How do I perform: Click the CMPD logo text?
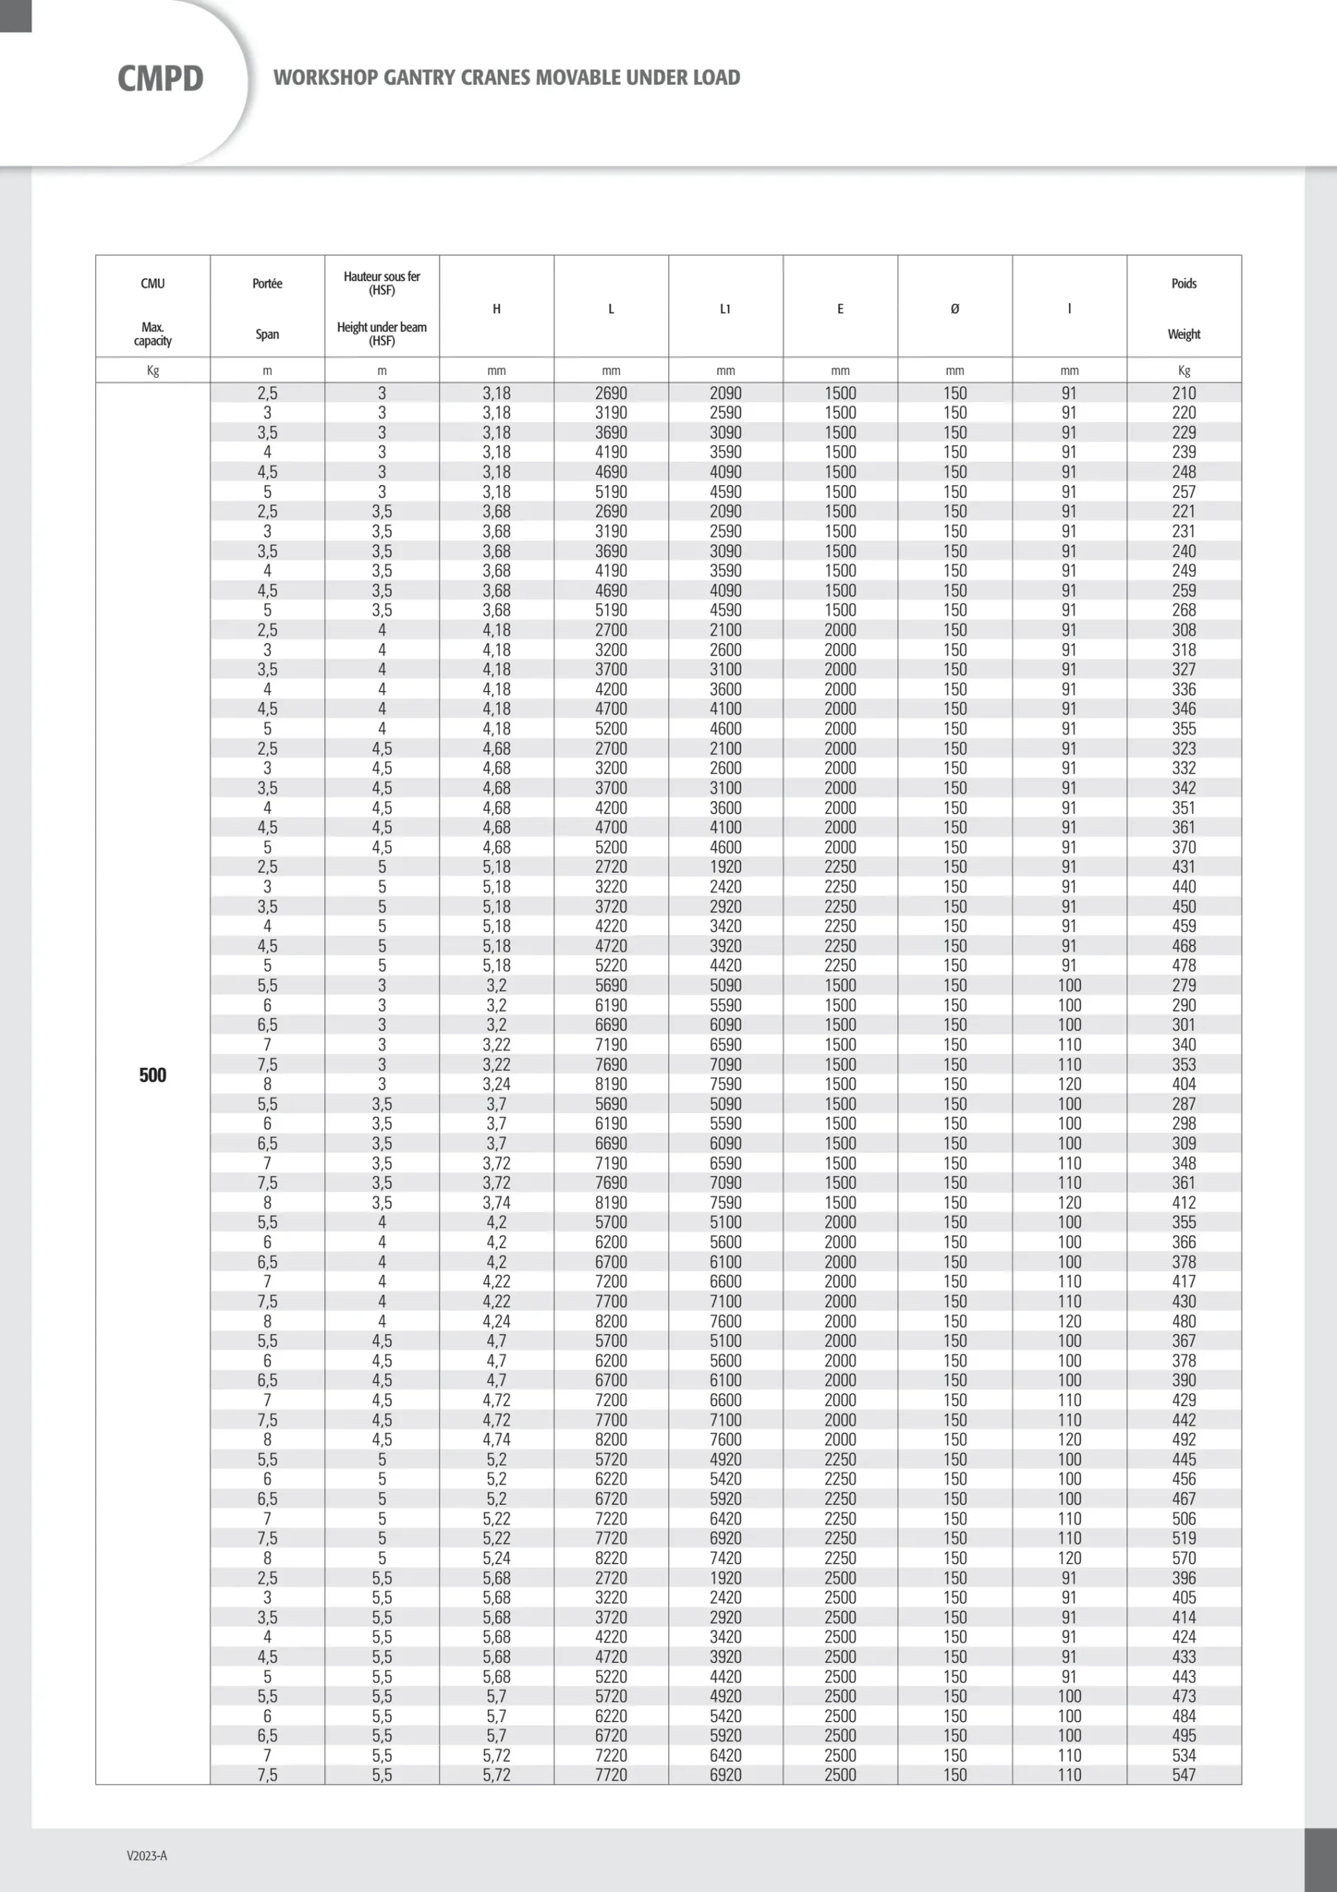point(160,79)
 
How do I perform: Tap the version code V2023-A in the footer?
point(147,1855)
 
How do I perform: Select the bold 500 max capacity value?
point(152,1075)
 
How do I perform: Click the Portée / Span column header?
point(267,308)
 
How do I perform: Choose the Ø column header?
point(955,309)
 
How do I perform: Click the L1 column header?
point(725,309)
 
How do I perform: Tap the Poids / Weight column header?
point(1184,308)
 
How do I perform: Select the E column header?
point(841,309)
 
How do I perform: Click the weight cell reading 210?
point(1184,393)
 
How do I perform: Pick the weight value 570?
point(1184,1557)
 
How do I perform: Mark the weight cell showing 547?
point(1184,1774)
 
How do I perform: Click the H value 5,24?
point(496,1557)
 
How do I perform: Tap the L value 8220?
point(610,1557)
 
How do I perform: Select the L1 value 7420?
point(725,1557)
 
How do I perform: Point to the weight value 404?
point(1184,1083)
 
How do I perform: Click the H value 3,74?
point(496,1202)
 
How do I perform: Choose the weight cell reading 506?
point(1184,1518)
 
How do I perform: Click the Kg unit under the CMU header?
point(152,370)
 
